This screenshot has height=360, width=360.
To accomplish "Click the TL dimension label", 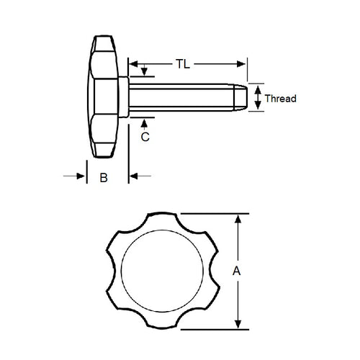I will [183, 63].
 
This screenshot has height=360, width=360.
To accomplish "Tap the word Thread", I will [281, 99].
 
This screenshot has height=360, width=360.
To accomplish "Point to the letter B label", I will [103, 178].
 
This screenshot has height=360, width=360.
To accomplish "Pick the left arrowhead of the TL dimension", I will [134, 63].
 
